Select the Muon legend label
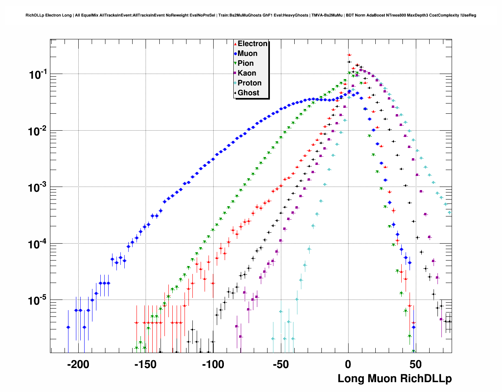point(247,54)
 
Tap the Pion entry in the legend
point(245,63)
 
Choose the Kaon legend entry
point(247,73)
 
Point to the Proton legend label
point(249,83)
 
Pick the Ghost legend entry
point(248,93)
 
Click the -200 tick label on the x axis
point(78,364)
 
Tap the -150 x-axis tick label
point(145,364)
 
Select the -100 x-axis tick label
point(213,364)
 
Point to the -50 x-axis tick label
point(281,364)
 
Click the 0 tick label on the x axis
point(348,364)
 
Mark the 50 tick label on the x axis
point(415,364)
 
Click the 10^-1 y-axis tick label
point(38,74)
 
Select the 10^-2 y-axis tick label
point(38,131)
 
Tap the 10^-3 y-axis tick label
point(38,187)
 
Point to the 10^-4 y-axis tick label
point(38,244)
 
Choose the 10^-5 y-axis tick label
point(38,300)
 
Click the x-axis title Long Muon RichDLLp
point(395,379)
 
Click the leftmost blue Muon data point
point(68,327)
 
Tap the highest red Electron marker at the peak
point(349,55)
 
